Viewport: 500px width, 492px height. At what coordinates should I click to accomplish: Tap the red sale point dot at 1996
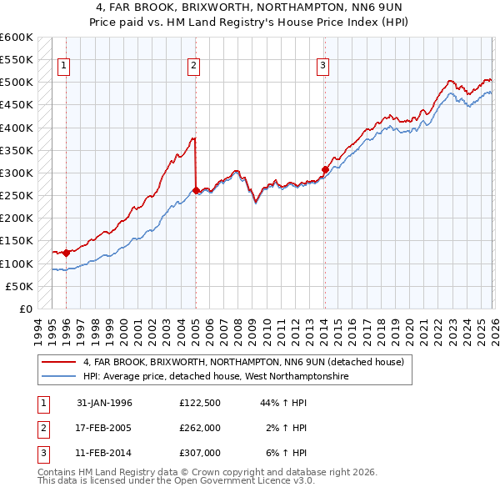(66, 253)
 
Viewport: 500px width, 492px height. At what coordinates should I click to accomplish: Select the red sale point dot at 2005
(196, 190)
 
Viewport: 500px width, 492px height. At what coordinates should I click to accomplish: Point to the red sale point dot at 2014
(325, 169)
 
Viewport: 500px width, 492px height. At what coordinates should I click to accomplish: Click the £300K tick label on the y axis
(16, 173)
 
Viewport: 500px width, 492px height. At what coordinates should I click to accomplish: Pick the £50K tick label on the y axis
(18, 286)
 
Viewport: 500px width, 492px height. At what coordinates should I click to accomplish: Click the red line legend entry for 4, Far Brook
(243, 362)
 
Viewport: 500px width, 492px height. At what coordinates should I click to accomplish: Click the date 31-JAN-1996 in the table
(104, 403)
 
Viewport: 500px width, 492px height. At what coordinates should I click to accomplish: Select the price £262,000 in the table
(199, 428)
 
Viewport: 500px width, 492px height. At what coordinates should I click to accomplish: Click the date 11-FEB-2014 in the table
(104, 453)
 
